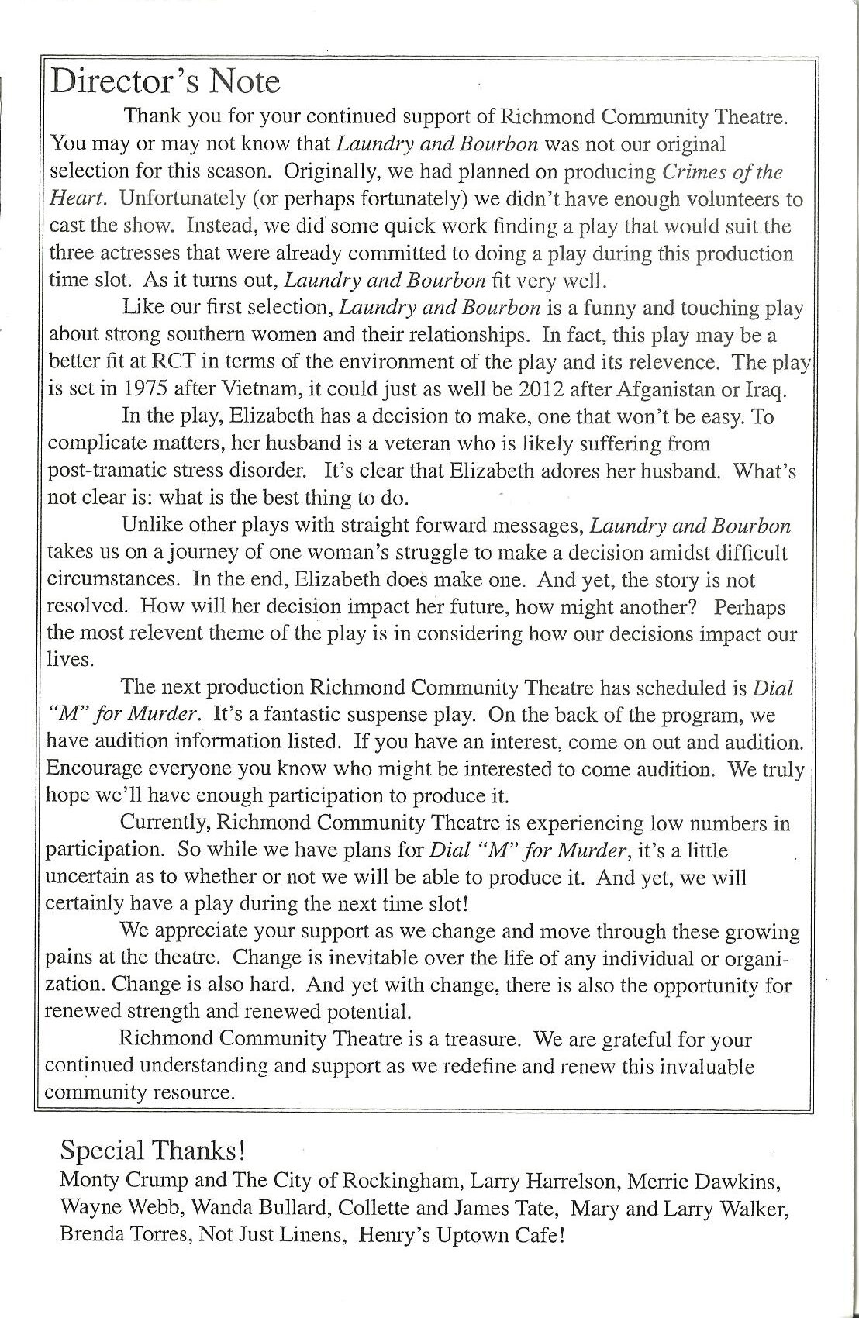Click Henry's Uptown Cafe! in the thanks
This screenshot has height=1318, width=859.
pyautogui.click(x=461, y=1235)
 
